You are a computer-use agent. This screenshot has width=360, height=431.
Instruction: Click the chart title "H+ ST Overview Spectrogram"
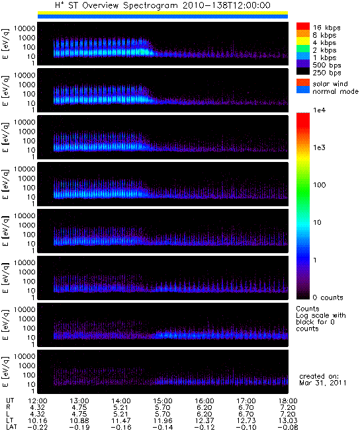point(116,5)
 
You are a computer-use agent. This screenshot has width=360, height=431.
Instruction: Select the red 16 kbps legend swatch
point(302,26)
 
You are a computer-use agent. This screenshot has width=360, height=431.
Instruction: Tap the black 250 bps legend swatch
point(302,71)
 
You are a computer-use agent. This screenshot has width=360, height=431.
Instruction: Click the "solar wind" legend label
point(330,83)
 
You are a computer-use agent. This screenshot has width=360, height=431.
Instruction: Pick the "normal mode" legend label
point(336,91)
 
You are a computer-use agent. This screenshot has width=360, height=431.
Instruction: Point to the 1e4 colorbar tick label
point(319,110)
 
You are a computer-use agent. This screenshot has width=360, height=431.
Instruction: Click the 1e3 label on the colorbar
point(319,147)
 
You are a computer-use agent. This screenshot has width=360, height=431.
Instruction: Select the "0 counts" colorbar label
point(328,297)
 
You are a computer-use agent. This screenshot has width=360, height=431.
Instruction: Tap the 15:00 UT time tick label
point(162,401)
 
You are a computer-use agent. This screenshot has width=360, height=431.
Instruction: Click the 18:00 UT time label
point(288,401)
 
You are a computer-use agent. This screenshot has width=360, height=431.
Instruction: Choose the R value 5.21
point(120,407)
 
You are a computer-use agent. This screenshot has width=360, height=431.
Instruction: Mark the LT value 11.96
point(162,420)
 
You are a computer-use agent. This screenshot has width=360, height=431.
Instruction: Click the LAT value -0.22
point(37,427)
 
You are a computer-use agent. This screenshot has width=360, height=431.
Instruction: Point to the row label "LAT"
point(11,427)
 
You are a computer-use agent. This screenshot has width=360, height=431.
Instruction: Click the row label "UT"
point(10,401)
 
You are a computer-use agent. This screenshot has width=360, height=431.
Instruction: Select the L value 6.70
point(246,414)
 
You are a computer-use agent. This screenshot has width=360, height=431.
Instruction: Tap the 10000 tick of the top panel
point(24,28)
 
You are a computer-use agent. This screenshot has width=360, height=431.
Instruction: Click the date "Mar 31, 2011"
point(323,383)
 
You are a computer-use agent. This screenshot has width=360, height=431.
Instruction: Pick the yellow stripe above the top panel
point(163,13)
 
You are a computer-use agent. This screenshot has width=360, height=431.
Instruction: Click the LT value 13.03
point(288,420)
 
